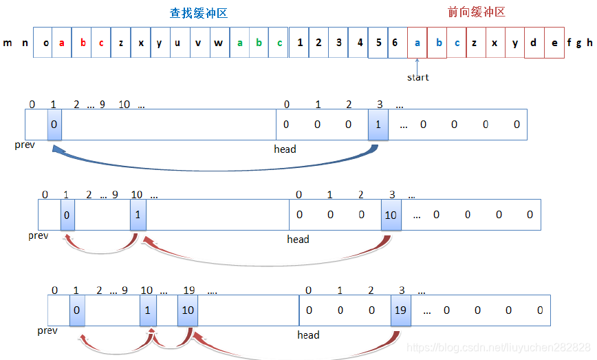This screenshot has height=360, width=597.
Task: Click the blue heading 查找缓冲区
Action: tap(198, 13)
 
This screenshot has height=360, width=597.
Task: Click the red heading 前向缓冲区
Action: tap(476, 12)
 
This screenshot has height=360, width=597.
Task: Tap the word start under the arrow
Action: tap(417, 77)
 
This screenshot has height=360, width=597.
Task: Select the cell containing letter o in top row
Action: tap(45, 43)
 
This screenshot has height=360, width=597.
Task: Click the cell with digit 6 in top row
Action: tap(395, 43)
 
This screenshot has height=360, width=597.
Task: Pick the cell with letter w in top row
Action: tap(219, 43)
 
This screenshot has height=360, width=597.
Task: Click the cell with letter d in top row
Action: tap(534, 43)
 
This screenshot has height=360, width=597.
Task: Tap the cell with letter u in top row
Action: tap(178, 43)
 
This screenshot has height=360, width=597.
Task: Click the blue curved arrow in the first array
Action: tap(206, 165)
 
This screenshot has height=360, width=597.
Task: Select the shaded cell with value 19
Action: tap(400, 310)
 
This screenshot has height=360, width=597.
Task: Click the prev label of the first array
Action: tap(24, 146)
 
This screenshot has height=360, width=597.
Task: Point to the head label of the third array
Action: tap(308, 335)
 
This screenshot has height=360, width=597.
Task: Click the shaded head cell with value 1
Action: tap(378, 125)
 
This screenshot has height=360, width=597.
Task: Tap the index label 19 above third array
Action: tap(190, 290)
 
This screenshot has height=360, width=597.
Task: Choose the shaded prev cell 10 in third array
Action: tap(188, 310)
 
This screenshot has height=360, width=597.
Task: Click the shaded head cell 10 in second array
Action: tap(391, 215)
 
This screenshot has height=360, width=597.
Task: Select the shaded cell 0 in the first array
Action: tap(54, 125)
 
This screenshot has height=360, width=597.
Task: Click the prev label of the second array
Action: tap(38, 235)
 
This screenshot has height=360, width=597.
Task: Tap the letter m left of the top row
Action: tap(8, 43)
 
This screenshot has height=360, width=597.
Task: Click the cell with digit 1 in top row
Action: tap(300, 43)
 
